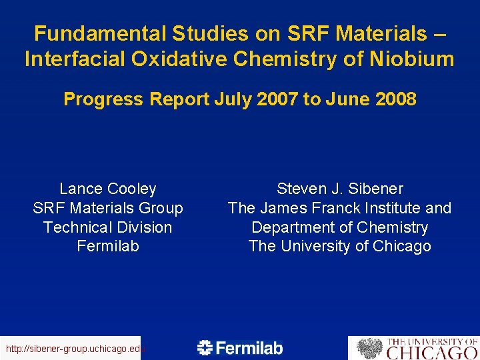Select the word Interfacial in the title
[x=73, y=59]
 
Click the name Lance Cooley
[x=107, y=189]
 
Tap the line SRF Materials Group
[x=107, y=208]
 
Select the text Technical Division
[x=107, y=227]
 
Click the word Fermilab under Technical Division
[x=107, y=246]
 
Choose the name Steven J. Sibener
[x=339, y=189]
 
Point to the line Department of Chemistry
[x=339, y=227]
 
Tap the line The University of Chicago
[x=339, y=246]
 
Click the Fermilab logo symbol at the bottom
[x=205, y=347]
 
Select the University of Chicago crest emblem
[x=369, y=348]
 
